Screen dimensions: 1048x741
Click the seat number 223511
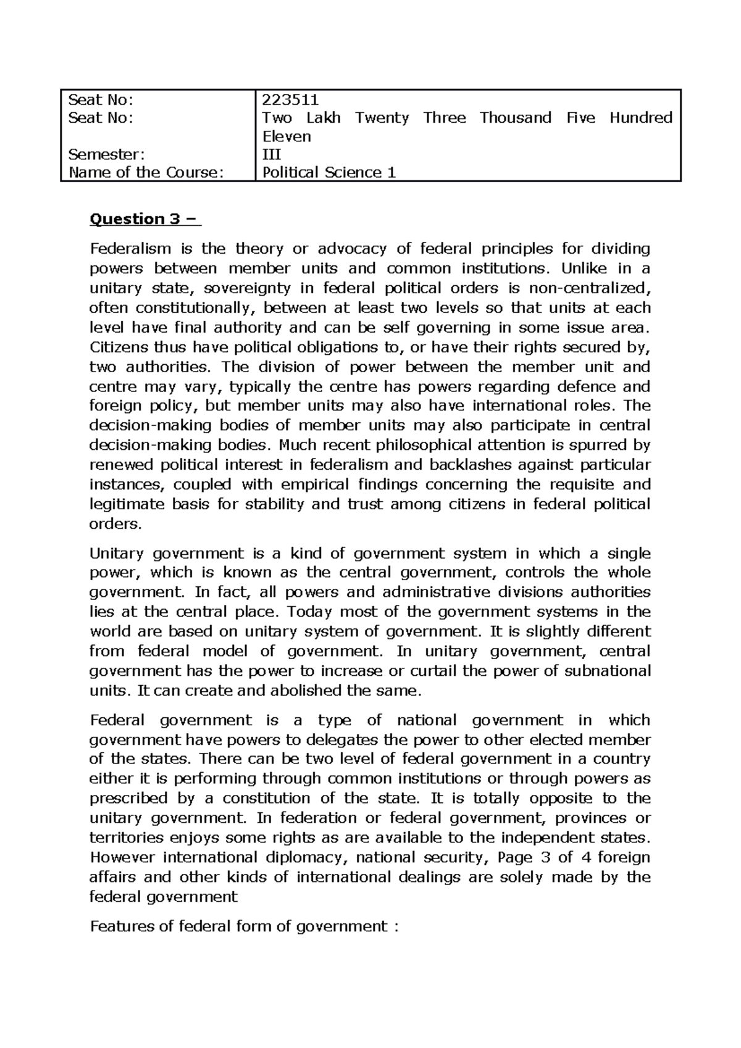click(290, 99)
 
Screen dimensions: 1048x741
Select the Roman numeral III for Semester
click(272, 154)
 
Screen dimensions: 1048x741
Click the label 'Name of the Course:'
click(144, 173)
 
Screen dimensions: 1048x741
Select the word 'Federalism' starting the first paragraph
click(130, 249)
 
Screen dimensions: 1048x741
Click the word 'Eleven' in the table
click(287, 136)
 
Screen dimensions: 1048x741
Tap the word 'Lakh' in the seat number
click(324, 118)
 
